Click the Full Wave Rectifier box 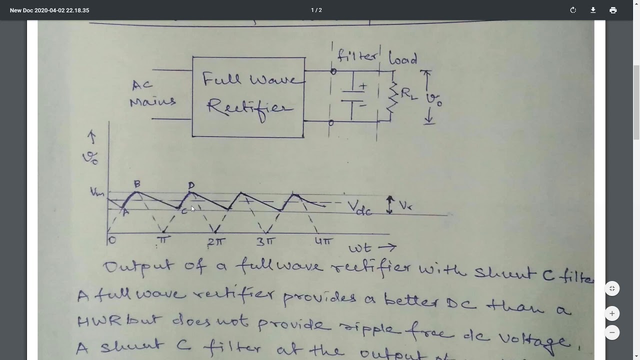pyautogui.click(x=248, y=96)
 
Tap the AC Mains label pyautogui.click(x=152, y=93)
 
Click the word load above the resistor pyautogui.click(x=403, y=58)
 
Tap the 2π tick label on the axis pyautogui.click(x=217, y=241)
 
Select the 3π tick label pyautogui.click(x=265, y=242)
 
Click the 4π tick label pyautogui.click(x=323, y=241)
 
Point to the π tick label pyautogui.click(x=163, y=240)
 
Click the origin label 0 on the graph pyautogui.click(x=112, y=240)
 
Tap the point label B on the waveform pyautogui.click(x=137, y=184)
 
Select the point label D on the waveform pyautogui.click(x=191, y=185)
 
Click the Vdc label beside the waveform pyautogui.click(x=359, y=207)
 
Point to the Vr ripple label pyautogui.click(x=405, y=205)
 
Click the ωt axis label pyautogui.click(x=372, y=247)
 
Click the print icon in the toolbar pyautogui.click(x=613, y=10)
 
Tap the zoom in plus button pyautogui.click(x=612, y=313)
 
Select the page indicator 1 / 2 pyautogui.click(x=316, y=10)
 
